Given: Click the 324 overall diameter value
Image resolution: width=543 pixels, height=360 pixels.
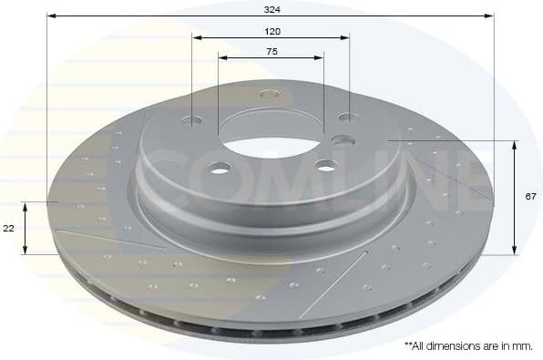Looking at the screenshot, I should [x=271, y=9].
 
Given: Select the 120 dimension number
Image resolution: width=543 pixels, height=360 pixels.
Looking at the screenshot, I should [x=272, y=31].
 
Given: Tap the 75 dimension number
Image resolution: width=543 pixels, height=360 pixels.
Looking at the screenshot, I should [x=271, y=51].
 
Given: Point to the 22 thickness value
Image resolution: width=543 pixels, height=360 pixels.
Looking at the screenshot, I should [x=8, y=229].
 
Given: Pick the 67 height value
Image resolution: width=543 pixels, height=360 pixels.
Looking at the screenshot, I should [x=529, y=196].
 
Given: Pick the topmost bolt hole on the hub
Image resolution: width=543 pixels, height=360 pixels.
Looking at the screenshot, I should [x=268, y=93].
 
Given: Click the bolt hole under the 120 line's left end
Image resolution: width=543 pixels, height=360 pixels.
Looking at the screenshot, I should [x=195, y=119].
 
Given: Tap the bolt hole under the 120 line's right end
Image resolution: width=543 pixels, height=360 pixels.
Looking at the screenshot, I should [x=345, y=117].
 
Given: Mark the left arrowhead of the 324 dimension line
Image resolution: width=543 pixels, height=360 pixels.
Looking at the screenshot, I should [x=51, y=15].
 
